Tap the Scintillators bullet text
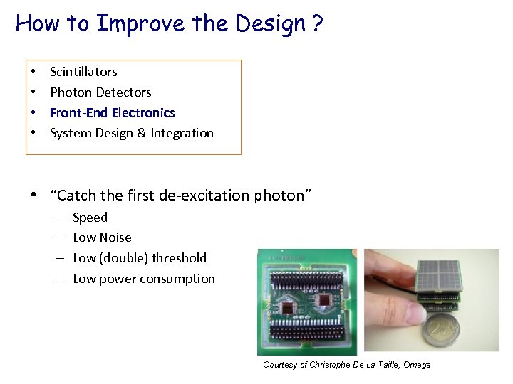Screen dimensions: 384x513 [x=83, y=72]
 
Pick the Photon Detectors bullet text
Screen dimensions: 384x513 [x=100, y=92]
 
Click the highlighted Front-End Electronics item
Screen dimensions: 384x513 [x=112, y=112]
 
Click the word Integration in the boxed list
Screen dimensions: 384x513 [x=182, y=133]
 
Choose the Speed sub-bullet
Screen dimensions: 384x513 [x=90, y=218]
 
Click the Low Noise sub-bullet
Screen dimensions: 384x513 [x=102, y=238]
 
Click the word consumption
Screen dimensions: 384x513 [x=181, y=279]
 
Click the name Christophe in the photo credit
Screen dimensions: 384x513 [x=338, y=365]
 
